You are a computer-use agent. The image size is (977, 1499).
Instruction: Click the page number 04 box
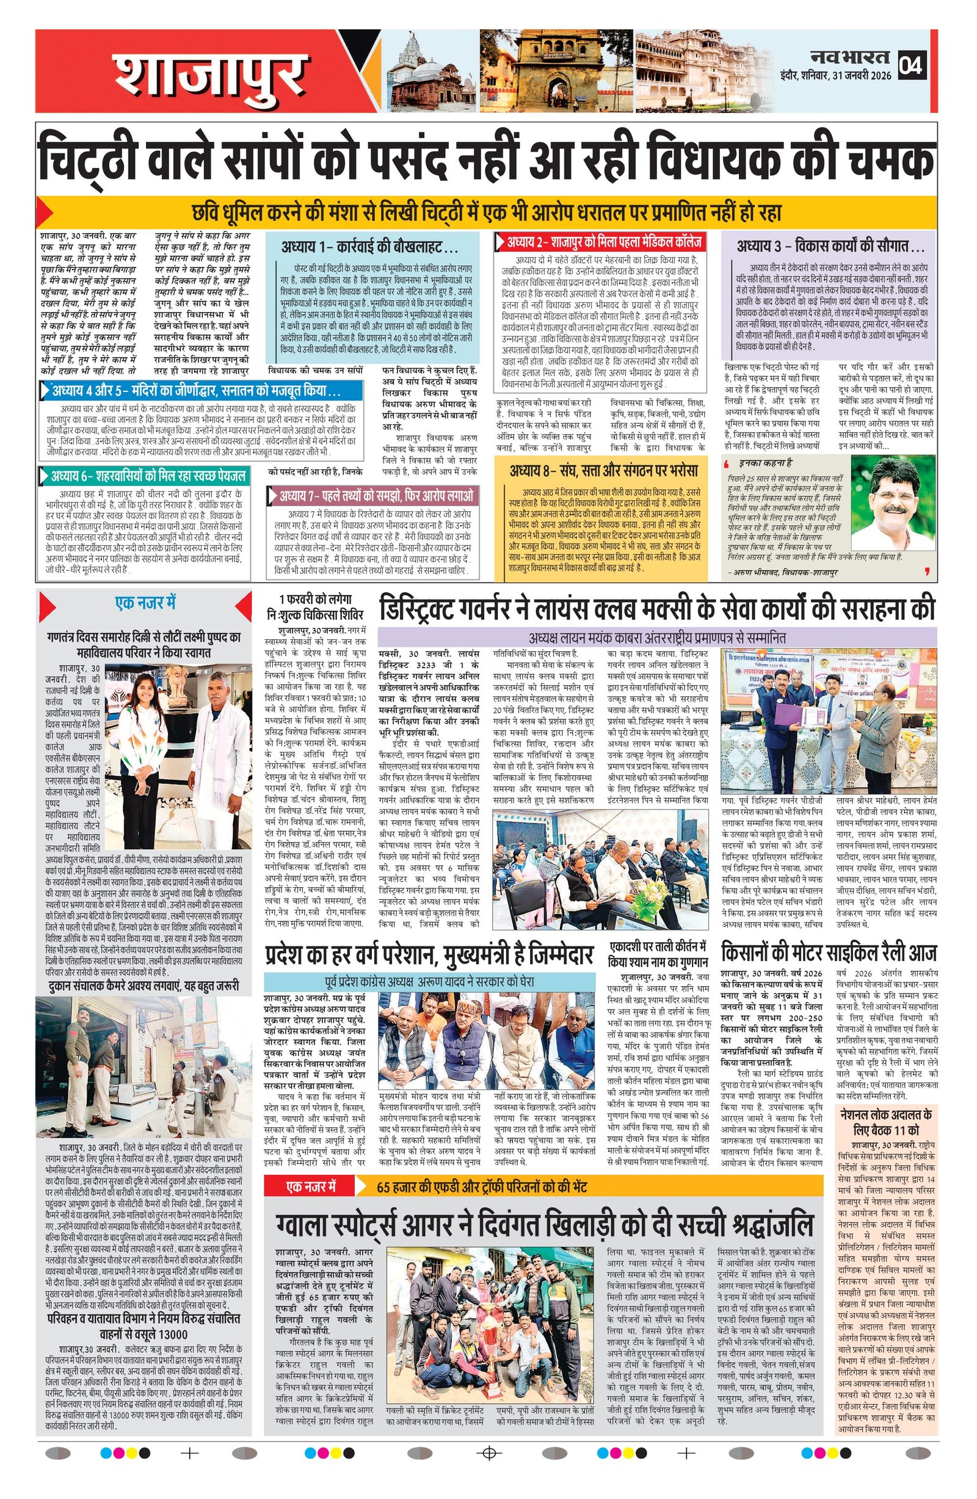pos(912,65)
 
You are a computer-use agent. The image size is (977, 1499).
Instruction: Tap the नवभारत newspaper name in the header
pos(850,58)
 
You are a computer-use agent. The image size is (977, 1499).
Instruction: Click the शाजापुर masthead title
pos(208,74)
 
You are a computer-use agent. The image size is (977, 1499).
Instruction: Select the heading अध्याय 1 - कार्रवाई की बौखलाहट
pos(370,246)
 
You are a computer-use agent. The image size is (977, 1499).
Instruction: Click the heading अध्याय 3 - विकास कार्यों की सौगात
pos(830,244)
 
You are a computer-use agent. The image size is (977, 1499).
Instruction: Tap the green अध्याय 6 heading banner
pos(148,476)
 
